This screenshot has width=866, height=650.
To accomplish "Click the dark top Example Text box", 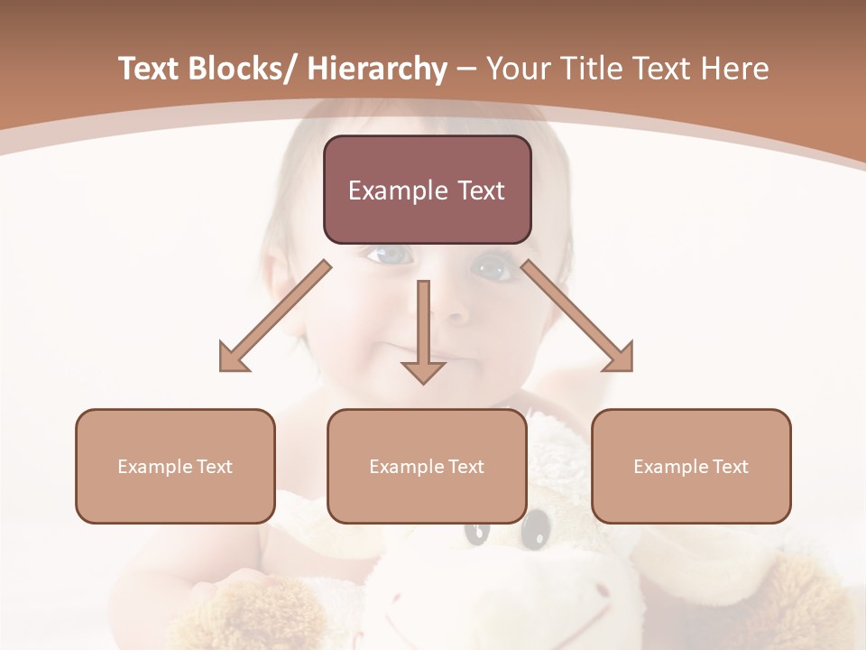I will pyautogui.click(x=427, y=190).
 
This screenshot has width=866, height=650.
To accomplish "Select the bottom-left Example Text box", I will pyautogui.click(x=175, y=466).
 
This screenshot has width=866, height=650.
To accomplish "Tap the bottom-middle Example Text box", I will pyautogui.click(x=427, y=466).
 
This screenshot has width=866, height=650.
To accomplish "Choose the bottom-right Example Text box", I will pyautogui.click(x=691, y=466).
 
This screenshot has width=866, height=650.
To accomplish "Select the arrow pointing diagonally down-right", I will pyautogui.click(x=578, y=317).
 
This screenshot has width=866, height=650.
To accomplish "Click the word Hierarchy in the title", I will pyautogui.click(x=377, y=70).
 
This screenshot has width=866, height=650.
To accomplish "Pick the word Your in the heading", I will pyautogui.click(x=516, y=70).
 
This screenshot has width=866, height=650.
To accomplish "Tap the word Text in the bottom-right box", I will pyautogui.click(x=731, y=466).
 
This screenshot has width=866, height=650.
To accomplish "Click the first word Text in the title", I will pyautogui.click(x=149, y=70).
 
